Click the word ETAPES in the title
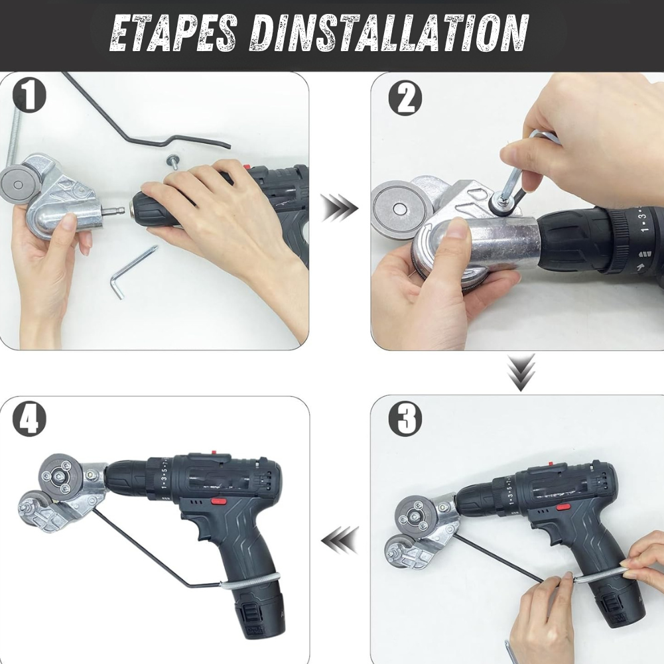click(173, 33)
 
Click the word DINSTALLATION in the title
click(389, 33)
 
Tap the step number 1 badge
click(29, 96)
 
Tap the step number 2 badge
click(405, 98)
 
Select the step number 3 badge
click(405, 418)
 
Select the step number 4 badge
click(29, 420)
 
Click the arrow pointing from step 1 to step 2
click(339, 208)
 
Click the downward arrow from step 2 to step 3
click(521, 373)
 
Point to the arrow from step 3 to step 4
click(339, 539)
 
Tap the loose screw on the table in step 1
click(174, 161)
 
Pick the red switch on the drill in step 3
click(563, 507)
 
